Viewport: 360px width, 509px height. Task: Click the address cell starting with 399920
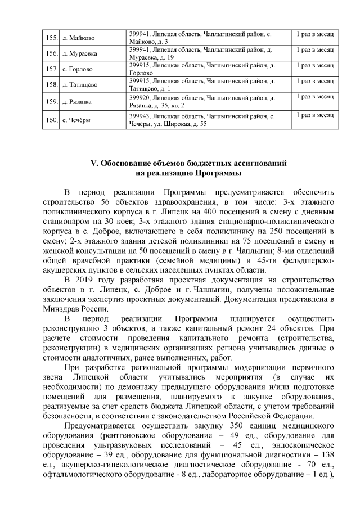[208, 101]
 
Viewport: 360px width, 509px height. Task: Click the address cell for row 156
[208, 53]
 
